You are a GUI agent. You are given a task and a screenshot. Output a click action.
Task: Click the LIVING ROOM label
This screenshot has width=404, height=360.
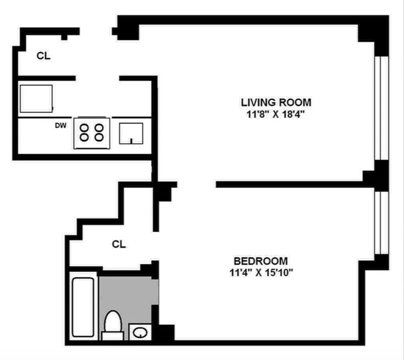tap(276, 102)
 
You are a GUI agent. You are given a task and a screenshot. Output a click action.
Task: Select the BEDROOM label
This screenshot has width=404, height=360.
tap(261, 261)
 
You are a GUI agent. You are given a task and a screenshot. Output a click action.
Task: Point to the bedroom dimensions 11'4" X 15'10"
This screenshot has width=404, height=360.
tap(261, 273)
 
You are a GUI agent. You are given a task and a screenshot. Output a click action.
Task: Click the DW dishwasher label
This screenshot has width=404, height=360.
tap(60, 126)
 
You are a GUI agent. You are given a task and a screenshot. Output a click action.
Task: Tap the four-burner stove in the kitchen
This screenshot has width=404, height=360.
tap(92, 132)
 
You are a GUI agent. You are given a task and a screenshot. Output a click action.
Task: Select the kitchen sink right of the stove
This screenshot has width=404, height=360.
tap(131, 133)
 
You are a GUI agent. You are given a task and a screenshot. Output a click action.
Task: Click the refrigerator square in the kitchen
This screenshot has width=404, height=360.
tap(36, 98)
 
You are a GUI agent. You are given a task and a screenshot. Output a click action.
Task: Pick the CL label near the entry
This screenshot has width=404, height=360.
tap(44, 56)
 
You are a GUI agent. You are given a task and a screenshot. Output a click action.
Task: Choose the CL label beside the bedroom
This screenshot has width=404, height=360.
tap(119, 244)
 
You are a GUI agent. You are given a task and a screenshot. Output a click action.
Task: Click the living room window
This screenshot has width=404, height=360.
tap(381, 108)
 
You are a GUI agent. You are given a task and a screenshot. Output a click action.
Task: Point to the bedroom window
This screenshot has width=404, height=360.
tap(381, 222)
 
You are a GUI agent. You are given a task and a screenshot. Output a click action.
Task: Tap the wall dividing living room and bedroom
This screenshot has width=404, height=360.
tap(288, 184)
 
